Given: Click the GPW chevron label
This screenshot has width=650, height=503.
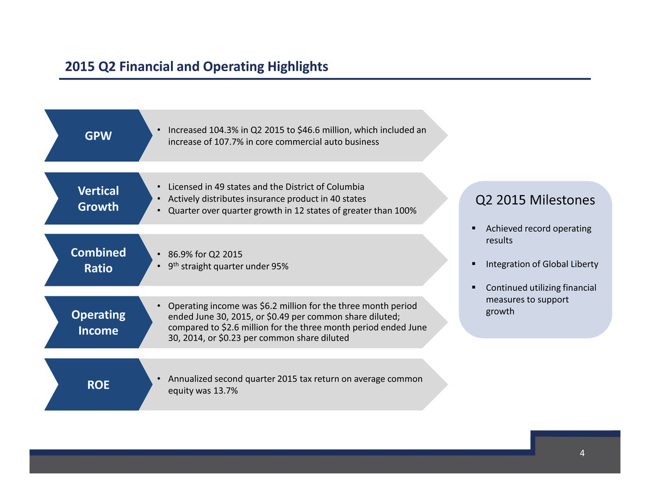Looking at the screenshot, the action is (98, 136).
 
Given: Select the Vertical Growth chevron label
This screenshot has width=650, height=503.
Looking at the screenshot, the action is (98, 198).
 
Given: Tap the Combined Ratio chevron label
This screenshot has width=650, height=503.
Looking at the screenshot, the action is (98, 260).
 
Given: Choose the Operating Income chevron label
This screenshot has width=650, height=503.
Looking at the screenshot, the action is (98, 322).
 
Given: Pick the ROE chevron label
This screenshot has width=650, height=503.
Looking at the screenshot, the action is (98, 385).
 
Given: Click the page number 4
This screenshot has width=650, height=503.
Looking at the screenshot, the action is (582, 453).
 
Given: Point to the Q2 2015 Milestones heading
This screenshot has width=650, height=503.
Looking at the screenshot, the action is (535, 200).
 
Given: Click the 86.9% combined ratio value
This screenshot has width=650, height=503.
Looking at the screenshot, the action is (180, 254).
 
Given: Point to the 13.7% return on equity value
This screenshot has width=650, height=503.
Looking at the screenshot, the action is (226, 390).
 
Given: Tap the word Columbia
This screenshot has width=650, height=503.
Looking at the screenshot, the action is (345, 187).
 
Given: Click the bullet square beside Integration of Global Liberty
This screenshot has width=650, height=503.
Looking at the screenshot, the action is (473, 264).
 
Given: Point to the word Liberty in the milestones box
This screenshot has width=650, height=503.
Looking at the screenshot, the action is (585, 264).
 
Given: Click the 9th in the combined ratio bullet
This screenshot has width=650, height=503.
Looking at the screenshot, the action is (174, 266).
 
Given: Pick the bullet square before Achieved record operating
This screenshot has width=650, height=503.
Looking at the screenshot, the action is (473, 229).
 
